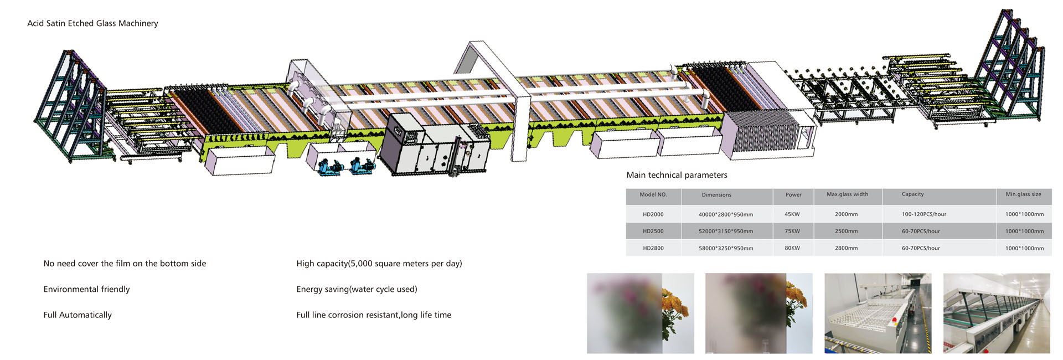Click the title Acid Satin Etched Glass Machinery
[x=92, y=23]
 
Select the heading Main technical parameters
[x=677, y=175]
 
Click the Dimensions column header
[x=716, y=195]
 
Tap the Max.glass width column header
[x=847, y=194]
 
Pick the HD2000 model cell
[x=653, y=214]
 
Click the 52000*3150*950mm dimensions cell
[x=726, y=232]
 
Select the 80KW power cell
[x=792, y=248]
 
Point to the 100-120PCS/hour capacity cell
[x=924, y=214]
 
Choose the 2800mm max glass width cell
[x=847, y=248]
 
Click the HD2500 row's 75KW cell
[x=792, y=232]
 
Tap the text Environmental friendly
[x=86, y=289]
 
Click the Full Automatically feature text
[x=78, y=315]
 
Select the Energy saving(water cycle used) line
[x=357, y=289]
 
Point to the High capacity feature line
[x=379, y=264]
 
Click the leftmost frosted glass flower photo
[x=641, y=313]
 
